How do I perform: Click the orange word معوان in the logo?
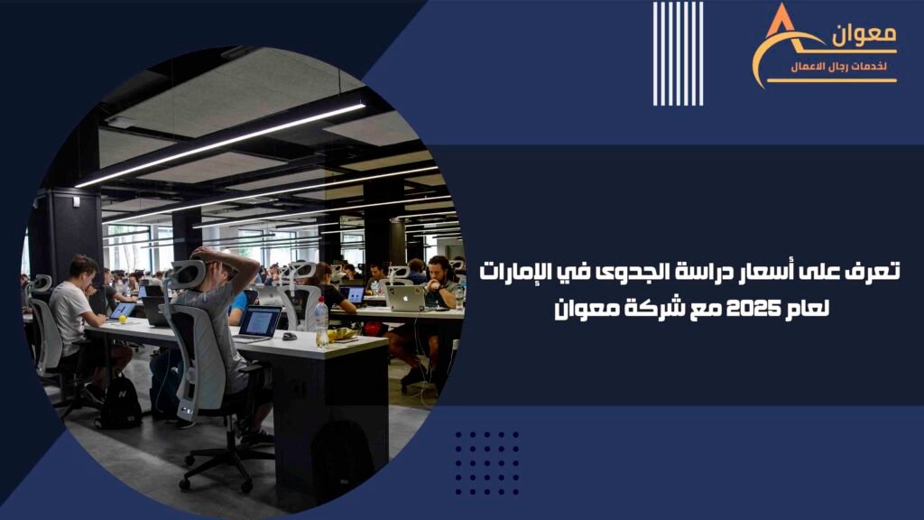point(864,36)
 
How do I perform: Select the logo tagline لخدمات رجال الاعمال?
point(839,66)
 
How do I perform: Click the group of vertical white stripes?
point(678,53)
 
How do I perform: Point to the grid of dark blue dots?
point(486,463)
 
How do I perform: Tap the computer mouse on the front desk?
point(289,337)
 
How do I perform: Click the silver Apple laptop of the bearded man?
point(405,298)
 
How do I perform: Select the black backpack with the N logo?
point(120,404)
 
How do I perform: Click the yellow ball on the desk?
point(123,319)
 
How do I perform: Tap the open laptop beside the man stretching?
point(257,325)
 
